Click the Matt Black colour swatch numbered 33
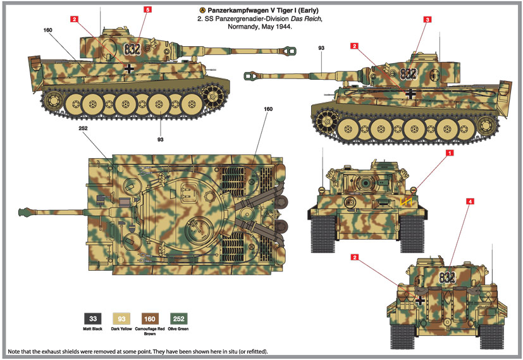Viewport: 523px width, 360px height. coord(93,319)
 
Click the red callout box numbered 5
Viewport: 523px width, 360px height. coord(147,10)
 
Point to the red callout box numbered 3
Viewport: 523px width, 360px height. coord(428,20)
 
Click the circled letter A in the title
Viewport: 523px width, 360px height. coord(202,11)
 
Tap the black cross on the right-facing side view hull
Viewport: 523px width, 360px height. coord(412,94)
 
